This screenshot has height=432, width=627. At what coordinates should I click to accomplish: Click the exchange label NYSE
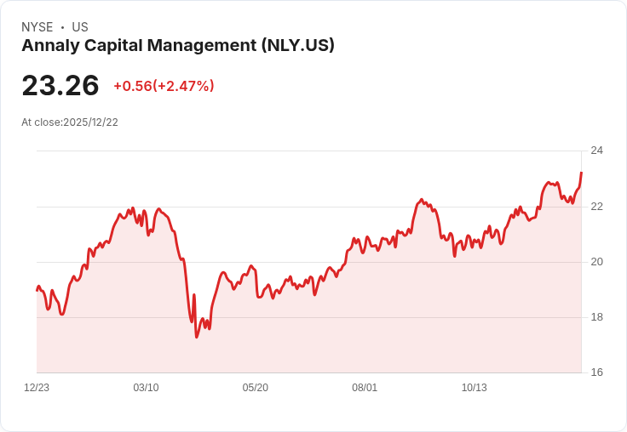(37, 27)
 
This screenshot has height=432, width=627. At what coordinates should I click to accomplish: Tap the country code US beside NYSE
(80, 27)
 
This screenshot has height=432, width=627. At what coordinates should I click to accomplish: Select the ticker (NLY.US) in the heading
(298, 45)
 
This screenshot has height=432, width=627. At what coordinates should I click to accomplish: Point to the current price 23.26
(60, 85)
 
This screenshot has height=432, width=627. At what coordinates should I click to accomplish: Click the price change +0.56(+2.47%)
(164, 86)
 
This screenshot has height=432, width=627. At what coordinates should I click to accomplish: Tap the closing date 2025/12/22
(91, 122)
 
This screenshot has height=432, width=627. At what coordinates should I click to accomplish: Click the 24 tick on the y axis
(596, 151)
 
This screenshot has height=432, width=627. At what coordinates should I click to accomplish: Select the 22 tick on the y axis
(596, 207)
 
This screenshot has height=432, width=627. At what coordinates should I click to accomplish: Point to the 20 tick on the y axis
(596, 262)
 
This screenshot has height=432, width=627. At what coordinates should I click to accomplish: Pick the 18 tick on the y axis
(596, 317)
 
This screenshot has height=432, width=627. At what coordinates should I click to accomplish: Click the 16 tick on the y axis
(596, 372)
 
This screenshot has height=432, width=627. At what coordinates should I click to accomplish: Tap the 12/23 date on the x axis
(37, 388)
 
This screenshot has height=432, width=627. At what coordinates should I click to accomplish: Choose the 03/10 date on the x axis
(146, 388)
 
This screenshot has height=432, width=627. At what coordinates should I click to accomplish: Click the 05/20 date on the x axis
(255, 388)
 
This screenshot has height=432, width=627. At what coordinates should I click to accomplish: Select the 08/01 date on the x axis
(365, 388)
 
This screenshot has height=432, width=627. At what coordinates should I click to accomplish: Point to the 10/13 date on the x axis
(475, 388)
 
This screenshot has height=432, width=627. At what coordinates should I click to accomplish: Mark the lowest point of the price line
(196, 338)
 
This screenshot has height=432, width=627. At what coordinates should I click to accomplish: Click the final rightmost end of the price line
(581, 173)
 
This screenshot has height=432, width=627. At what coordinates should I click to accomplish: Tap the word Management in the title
(202, 46)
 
